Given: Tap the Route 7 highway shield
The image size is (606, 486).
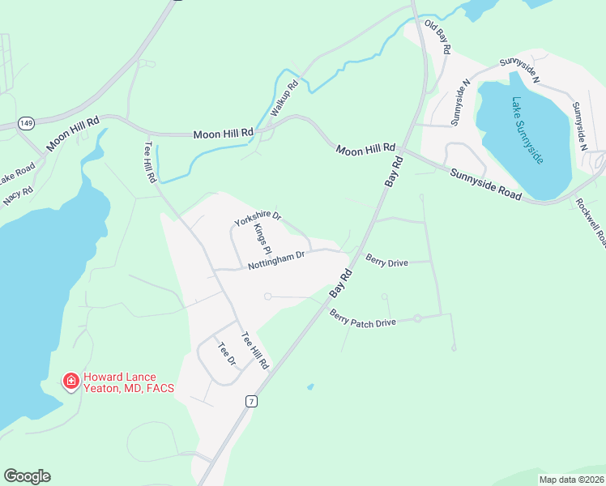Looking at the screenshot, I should click(253, 402).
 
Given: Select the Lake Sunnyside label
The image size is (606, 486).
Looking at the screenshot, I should click(527, 130).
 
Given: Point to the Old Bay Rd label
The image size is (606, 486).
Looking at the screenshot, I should click(437, 38).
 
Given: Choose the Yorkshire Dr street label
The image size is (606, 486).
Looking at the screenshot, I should click(257, 219).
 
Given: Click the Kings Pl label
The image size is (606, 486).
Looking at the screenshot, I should click(262, 239).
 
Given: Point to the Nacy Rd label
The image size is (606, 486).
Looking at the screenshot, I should click(17, 196).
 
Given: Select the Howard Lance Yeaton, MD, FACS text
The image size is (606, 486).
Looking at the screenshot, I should click(129, 382).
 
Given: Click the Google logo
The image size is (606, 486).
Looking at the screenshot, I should click(27, 476).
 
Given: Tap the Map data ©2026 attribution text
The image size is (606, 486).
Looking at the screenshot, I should click(571, 480).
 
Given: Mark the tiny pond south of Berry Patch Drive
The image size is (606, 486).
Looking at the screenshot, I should click(309, 387).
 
